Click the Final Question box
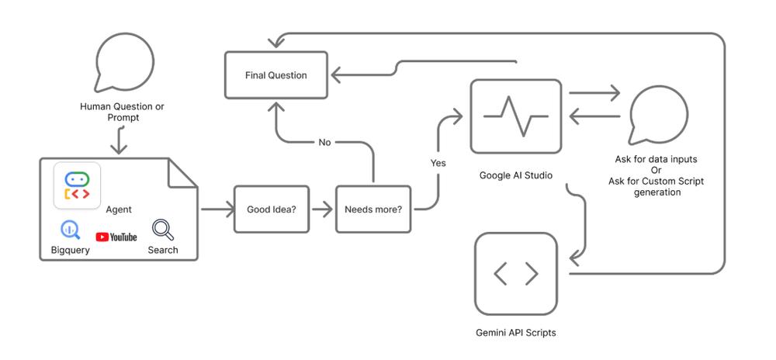pos(276,75)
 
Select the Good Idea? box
pos(266,209)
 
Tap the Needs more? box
pos(373,209)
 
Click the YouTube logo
pos(116,237)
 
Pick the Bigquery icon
pos(70,230)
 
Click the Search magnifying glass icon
pos(162,230)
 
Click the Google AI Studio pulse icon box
pos(515,116)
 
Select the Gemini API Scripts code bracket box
pos(516,273)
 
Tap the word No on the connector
pos(324,143)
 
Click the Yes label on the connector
pos(438,163)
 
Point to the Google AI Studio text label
pos(516,175)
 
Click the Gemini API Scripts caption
pos(516,333)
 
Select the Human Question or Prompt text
pos(122,112)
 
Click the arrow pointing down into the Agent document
pos(118,141)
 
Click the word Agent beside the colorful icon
pos(119,209)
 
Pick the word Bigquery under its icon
pos(71,251)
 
